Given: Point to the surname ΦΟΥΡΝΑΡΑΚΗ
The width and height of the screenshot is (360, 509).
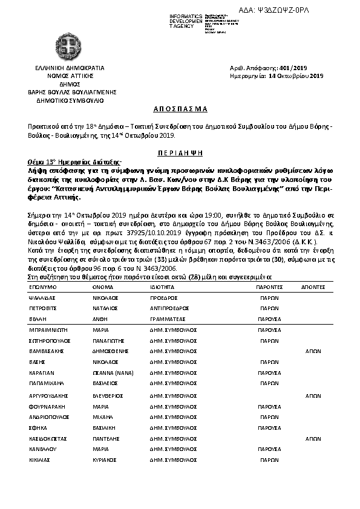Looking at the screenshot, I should (x=48, y=406).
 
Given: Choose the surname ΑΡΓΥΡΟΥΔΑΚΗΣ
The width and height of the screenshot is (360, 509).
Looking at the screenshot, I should (x=49, y=394).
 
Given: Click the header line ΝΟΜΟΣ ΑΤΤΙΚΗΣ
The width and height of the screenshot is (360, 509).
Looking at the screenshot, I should (x=70, y=76).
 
